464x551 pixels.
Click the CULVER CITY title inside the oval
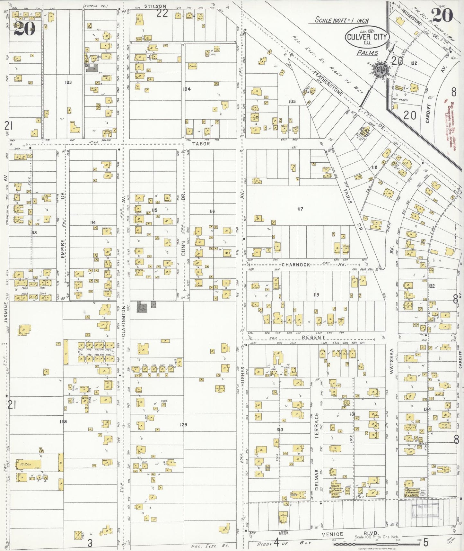point(367,37)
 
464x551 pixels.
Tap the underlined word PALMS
point(367,53)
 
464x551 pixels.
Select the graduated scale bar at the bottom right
point(376,544)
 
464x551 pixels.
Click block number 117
point(300,209)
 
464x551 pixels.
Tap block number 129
point(183,425)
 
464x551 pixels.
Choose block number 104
point(187,89)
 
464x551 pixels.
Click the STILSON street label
point(155,6)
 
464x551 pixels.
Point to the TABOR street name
point(201,144)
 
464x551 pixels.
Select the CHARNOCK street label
point(296,265)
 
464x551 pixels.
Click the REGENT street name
point(314,337)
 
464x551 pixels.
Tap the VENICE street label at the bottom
point(332,534)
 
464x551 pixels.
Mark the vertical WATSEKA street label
point(391,361)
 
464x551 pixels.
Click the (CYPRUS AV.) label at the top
point(95,6)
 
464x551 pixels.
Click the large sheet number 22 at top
point(162,13)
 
